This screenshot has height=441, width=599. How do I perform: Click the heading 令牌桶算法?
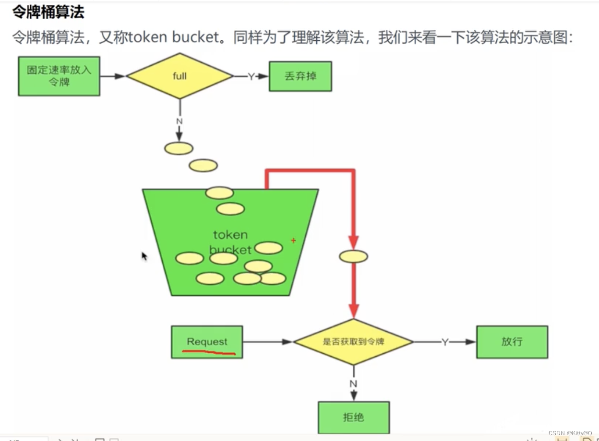48,12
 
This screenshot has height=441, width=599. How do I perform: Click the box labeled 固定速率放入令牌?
59,76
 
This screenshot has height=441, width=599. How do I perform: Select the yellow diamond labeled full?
180,76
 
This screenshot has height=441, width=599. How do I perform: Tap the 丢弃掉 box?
300,76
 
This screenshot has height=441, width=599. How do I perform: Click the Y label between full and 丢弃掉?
251,76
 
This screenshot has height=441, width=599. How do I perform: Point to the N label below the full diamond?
179,121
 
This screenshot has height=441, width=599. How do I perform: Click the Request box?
207,342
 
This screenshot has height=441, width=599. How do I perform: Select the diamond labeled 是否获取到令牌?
353,342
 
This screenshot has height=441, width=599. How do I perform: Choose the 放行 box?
512,342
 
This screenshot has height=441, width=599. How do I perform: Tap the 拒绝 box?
353,418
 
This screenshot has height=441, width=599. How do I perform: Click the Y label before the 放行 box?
445,342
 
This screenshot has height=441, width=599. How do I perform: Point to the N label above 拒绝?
353,383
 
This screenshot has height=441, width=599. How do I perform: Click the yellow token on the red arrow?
353,256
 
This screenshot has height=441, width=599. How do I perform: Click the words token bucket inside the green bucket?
230,242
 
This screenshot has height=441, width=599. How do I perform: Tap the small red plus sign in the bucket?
293,241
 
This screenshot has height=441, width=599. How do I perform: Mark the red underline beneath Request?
209,353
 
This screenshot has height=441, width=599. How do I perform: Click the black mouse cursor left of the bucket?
144,256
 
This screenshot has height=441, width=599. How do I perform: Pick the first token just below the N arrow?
179,149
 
